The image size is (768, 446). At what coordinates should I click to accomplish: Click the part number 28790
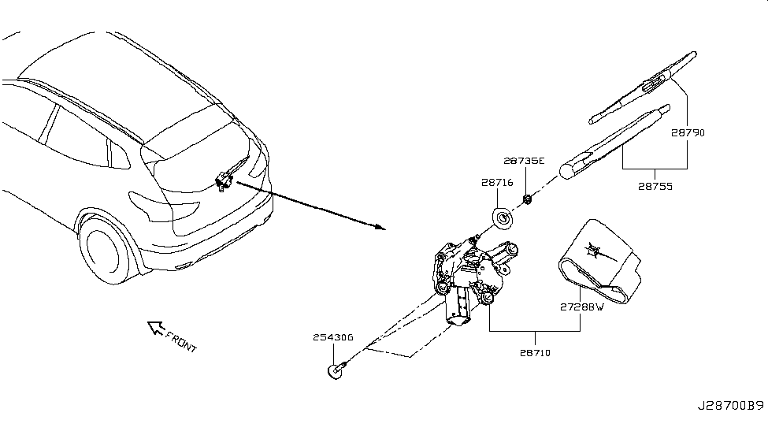click(688, 133)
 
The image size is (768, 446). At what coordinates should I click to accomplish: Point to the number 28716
click(497, 183)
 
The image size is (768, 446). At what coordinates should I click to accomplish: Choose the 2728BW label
click(581, 308)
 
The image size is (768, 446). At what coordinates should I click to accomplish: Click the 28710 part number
click(535, 353)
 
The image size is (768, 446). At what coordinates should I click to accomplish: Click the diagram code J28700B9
click(730, 407)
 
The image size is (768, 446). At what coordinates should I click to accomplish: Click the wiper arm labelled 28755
click(614, 142)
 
